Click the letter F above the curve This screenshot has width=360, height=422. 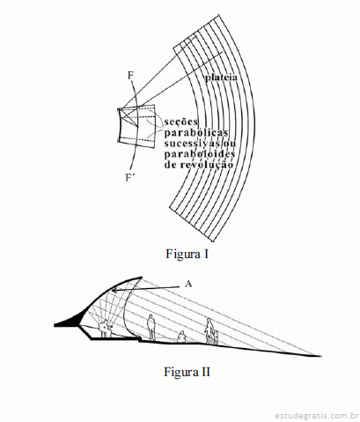click(x=130, y=76)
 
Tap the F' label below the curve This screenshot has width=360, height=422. click(x=129, y=178)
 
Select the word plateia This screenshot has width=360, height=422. click(x=221, y=78)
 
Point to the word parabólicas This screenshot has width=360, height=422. click(x=196, y=133)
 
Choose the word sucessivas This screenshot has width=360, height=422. click(x=192, y=144)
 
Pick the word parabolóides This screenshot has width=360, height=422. click(x=200, y=154)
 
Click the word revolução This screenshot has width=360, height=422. click(x=207, y=165)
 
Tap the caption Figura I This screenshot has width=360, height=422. click(x=187, y=254)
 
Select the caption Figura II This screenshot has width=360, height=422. click(x=187, y=372)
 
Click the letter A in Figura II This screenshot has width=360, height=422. click(x=188, y=284)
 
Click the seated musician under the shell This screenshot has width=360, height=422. click(x=105, y=329)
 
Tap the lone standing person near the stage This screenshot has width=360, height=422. click(x=151, y=327)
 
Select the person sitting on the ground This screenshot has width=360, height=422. click(x=181, y=337)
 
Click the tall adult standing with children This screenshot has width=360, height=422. click(x=209, y=330)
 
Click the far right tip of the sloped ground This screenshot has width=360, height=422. click(x=321, y=356)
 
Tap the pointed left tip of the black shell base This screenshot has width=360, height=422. click(x=55, y=325)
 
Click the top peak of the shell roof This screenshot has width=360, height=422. click(x=142, y=277)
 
